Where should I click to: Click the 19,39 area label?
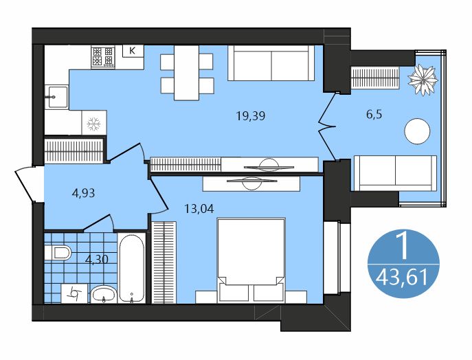point(250,116)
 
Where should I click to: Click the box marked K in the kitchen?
point(133,51)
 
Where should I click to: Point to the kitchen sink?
point(56,97)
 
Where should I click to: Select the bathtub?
point(131,268)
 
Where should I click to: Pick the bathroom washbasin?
point(104,294)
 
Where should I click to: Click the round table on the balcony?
point(418,131)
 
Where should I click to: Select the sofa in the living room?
point(271,63)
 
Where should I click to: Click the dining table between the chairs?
point(186,73)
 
